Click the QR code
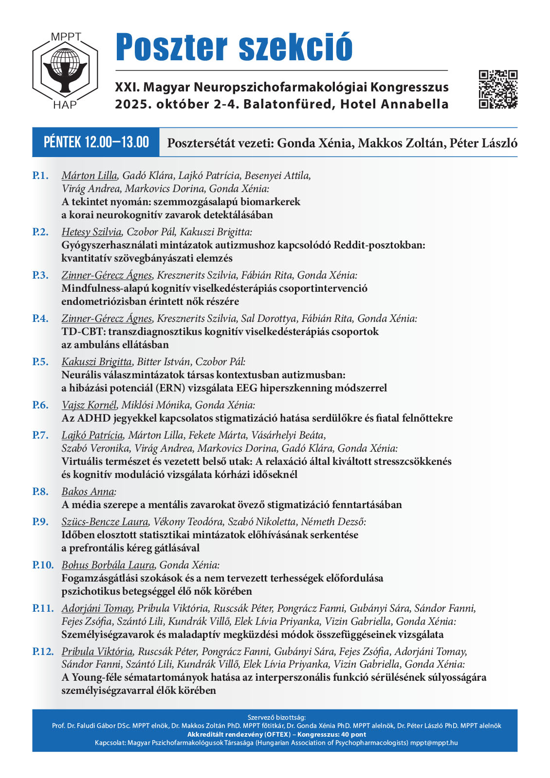coord(498,89)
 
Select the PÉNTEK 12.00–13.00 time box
coord(96,142)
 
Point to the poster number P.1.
coord(40,176)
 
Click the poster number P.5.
coord(40,362)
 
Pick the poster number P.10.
coord(43,565)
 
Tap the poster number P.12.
coord(43,652)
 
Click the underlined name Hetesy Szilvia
coord(91,232)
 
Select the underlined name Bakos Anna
coord(88,492)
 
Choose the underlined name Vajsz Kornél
coord(89,405)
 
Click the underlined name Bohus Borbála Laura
coord(108,565)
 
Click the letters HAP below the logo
coord(65,105)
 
